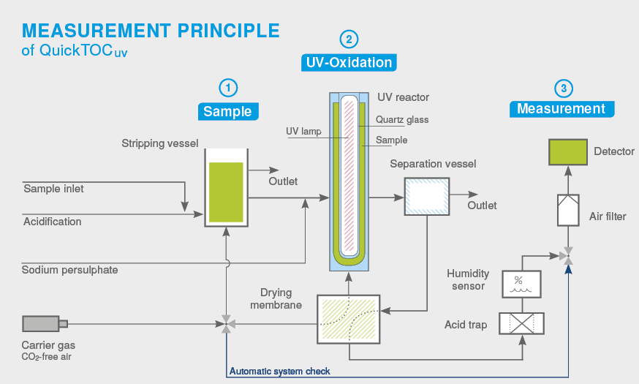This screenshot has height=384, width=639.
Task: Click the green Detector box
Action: point(568,152)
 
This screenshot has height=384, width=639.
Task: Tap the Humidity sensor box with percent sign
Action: point(522,284)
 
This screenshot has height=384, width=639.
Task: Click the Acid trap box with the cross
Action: point(522,323)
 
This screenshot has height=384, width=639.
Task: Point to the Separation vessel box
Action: point(427,196)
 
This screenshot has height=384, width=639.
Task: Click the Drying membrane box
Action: point(349,320)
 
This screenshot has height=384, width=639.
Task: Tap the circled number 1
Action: point(229,88)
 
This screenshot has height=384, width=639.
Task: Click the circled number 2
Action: point(349,39)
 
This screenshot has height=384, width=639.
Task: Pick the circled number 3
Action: point(562,88)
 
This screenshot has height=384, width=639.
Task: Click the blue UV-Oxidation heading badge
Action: point(349,63)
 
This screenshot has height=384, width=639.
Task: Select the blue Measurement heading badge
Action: point(562,109)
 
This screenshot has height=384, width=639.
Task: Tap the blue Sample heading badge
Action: point(227,112)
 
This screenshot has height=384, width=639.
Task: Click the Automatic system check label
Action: point(279,371)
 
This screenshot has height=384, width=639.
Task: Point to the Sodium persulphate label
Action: point(70,270)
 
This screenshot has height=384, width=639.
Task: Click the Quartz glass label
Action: point(402,120)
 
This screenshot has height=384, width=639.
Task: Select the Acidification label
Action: point(53,222)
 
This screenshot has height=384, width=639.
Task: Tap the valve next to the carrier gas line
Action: point(226,323)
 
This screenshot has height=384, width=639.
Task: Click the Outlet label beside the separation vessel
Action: point(482,206)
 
